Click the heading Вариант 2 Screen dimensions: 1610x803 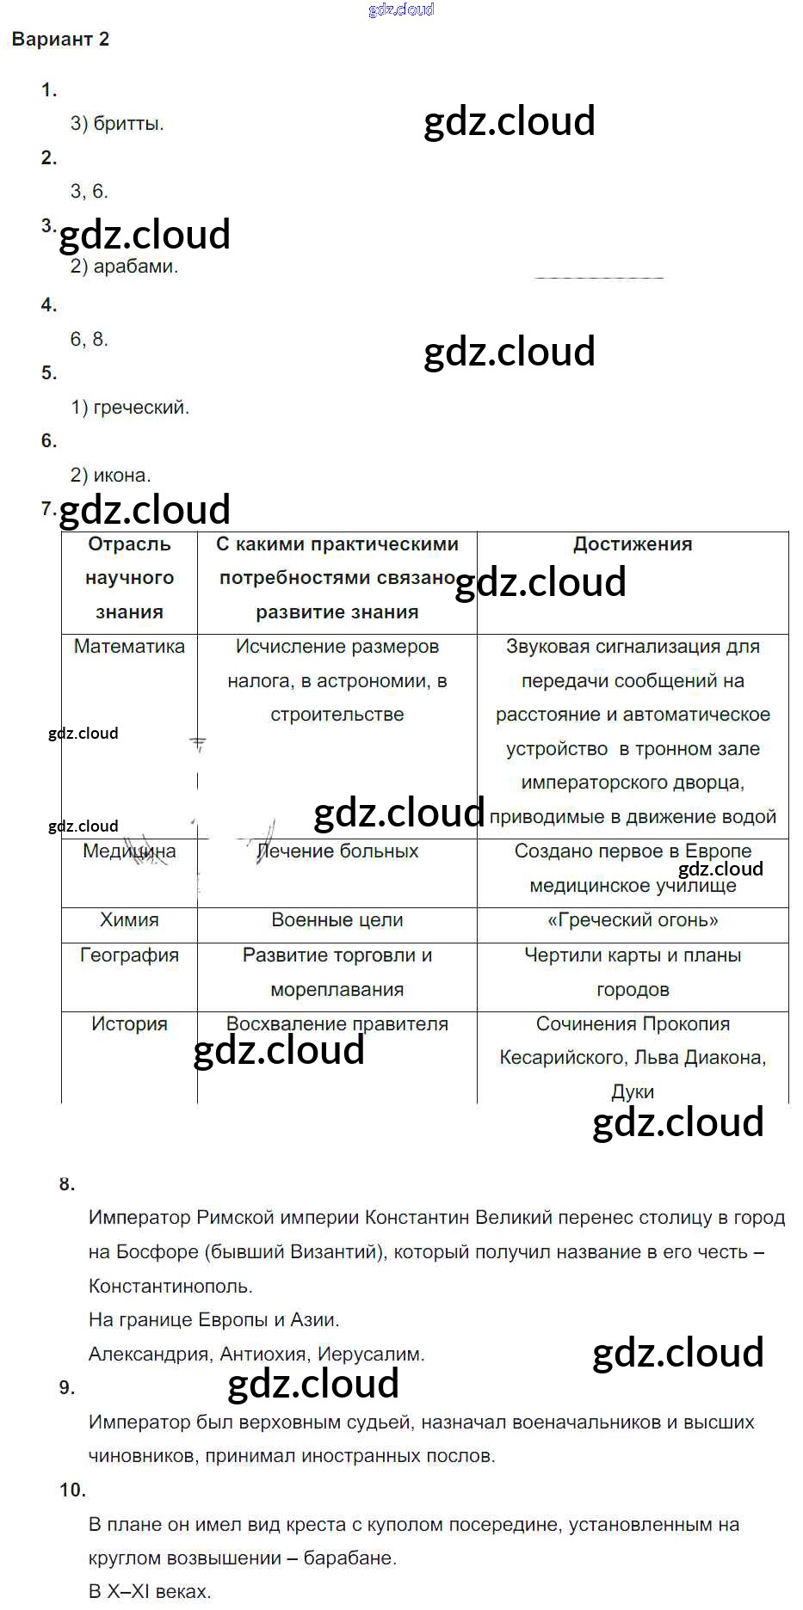pos(60,40)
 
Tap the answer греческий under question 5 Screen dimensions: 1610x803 pos(140,408)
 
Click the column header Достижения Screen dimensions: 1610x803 pos(633,544)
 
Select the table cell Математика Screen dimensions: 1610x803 pos(129,647)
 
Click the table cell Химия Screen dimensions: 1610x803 pos(129,920)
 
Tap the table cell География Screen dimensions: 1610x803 pos(129,956)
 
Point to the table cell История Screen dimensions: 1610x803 pos(129,1024)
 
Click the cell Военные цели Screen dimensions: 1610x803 pos(337,920)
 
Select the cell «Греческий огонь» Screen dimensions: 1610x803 pos(633,920)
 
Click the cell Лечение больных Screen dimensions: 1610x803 pos(337,851)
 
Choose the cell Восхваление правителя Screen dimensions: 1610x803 pos(337,1024)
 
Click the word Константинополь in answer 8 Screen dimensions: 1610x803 pos(170,1287)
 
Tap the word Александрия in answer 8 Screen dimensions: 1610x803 pos(149,1355)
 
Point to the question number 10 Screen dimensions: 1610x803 pos(72,1490)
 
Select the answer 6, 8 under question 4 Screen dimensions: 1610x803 pos(89,340)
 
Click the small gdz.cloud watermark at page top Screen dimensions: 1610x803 pos(401,9)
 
